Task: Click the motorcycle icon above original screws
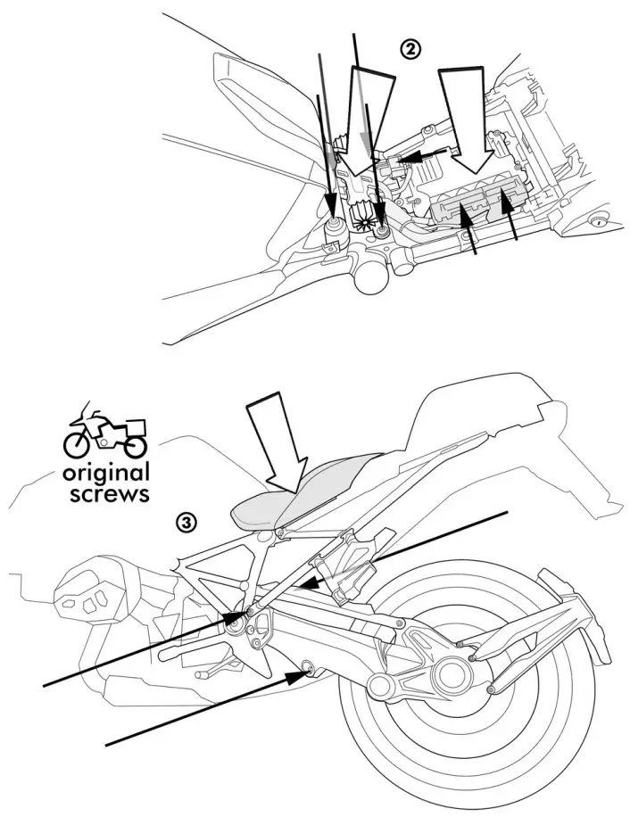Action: tap(105, 430)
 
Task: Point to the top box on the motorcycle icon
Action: tap(134, 425)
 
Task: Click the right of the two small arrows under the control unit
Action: tap(510, 223)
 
